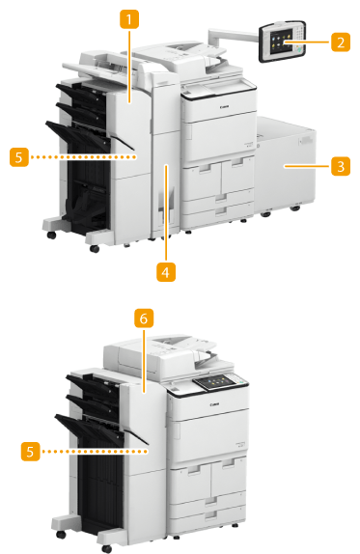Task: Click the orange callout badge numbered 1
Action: point(129,19)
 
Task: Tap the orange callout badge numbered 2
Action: point(341,42)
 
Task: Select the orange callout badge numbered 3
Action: point(341,166)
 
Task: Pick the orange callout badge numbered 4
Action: point(166,272)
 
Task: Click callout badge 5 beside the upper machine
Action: point(19,157)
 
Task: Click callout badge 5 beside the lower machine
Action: point(30,451)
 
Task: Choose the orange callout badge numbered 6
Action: point(144,319)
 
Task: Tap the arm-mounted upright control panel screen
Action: point(281,42)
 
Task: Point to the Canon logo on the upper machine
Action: point(224,106)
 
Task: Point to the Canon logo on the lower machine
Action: point(214,404)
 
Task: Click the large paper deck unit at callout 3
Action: point(285,166)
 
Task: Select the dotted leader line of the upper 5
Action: point(83,157)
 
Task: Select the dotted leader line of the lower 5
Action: point(95,451)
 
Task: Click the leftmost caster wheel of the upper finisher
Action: point(52,235)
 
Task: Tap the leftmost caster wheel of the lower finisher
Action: point(61,534)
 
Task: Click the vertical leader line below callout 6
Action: point(144,361)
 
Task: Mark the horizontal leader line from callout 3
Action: point(307,166)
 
